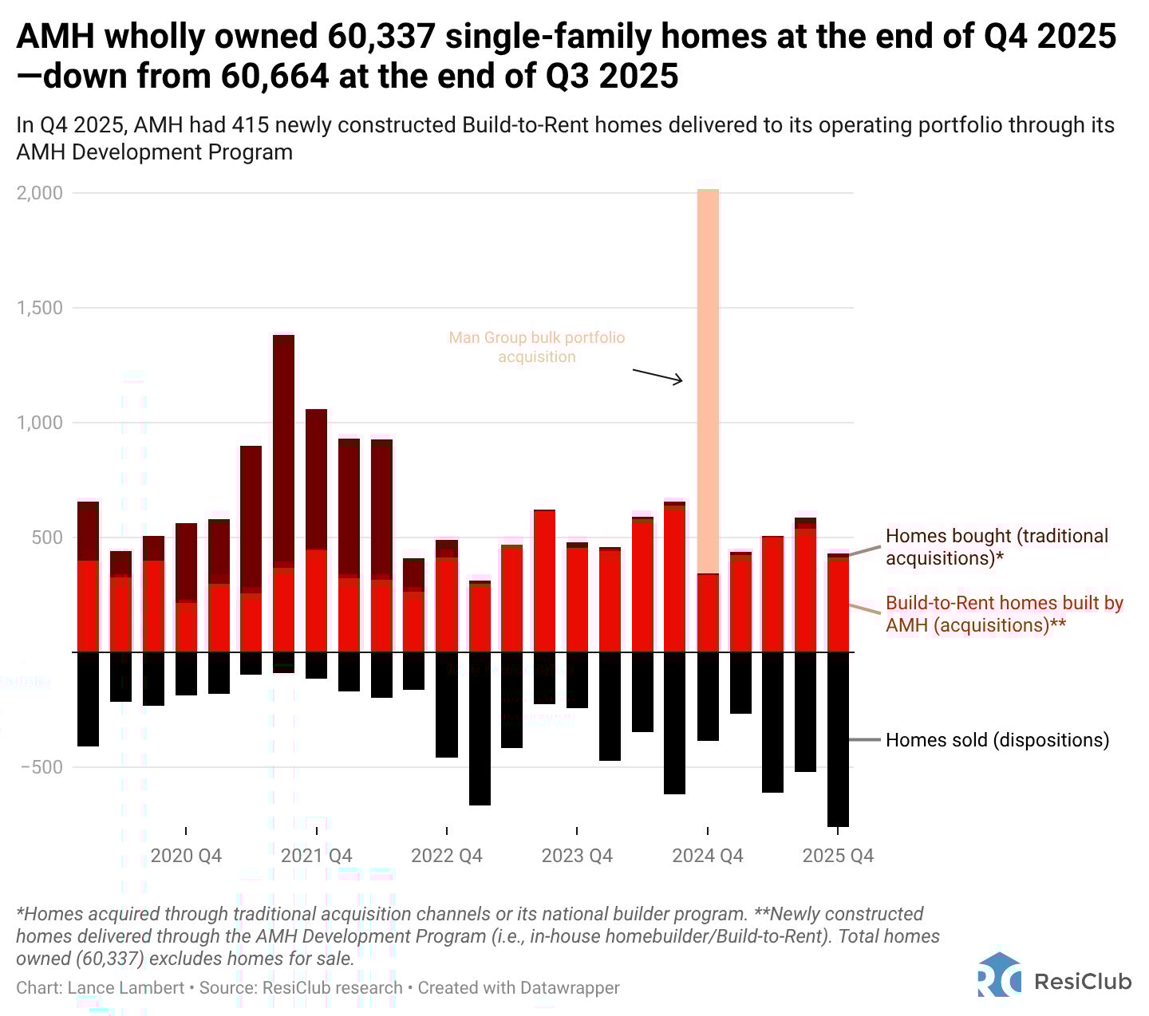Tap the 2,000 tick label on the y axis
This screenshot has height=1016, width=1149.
click(40, 193)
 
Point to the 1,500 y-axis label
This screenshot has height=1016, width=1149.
click(40, 308)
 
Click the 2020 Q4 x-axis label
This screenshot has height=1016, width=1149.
click(186, 856)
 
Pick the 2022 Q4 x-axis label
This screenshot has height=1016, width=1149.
click(447, 856)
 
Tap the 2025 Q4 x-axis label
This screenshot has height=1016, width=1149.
click(838, 856)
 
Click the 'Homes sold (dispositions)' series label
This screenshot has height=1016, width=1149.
click(997, 740)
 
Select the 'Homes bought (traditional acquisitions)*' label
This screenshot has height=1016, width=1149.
click(997, 547)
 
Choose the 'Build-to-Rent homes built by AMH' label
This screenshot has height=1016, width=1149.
click(1004, 614)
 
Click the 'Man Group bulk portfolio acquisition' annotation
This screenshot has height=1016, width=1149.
click(537, 347)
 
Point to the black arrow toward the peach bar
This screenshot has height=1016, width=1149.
click(657, 376)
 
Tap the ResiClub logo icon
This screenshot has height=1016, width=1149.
click(998, 975)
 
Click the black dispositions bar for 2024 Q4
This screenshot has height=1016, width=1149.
click(708, 696)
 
